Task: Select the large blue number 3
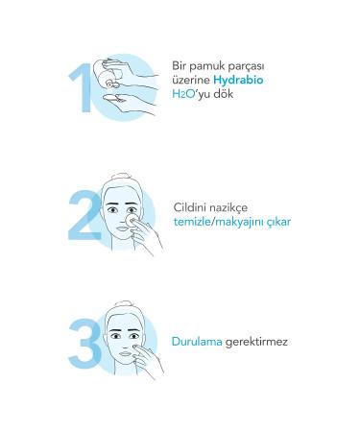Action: [x=84, y=341]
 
